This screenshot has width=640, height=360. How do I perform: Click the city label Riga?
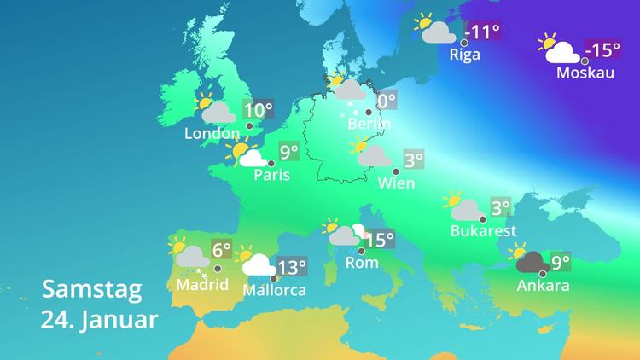tap(464, 55)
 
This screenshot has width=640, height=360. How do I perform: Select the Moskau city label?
tap(585, 73)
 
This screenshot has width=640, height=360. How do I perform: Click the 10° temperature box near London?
tap(259, 110)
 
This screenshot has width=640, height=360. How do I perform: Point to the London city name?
tap(212, 134)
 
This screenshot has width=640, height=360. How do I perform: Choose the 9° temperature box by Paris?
tap(288, 153)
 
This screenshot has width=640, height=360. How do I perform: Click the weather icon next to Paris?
tap(246, 155)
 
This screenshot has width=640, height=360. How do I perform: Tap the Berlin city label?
tap(369, 125)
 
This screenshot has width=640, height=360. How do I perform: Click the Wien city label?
tap(396, 183)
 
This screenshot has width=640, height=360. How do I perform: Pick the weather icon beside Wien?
tap(370, 154)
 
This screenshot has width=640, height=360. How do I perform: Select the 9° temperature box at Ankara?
tap(560, 262)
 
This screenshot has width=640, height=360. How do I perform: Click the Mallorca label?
tap(274, 289)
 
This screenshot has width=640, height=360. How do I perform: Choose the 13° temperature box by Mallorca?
tap(292, 267)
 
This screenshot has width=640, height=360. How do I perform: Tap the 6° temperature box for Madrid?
tap(222, 250)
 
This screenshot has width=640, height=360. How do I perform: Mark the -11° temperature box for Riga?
tap(485, 32)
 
